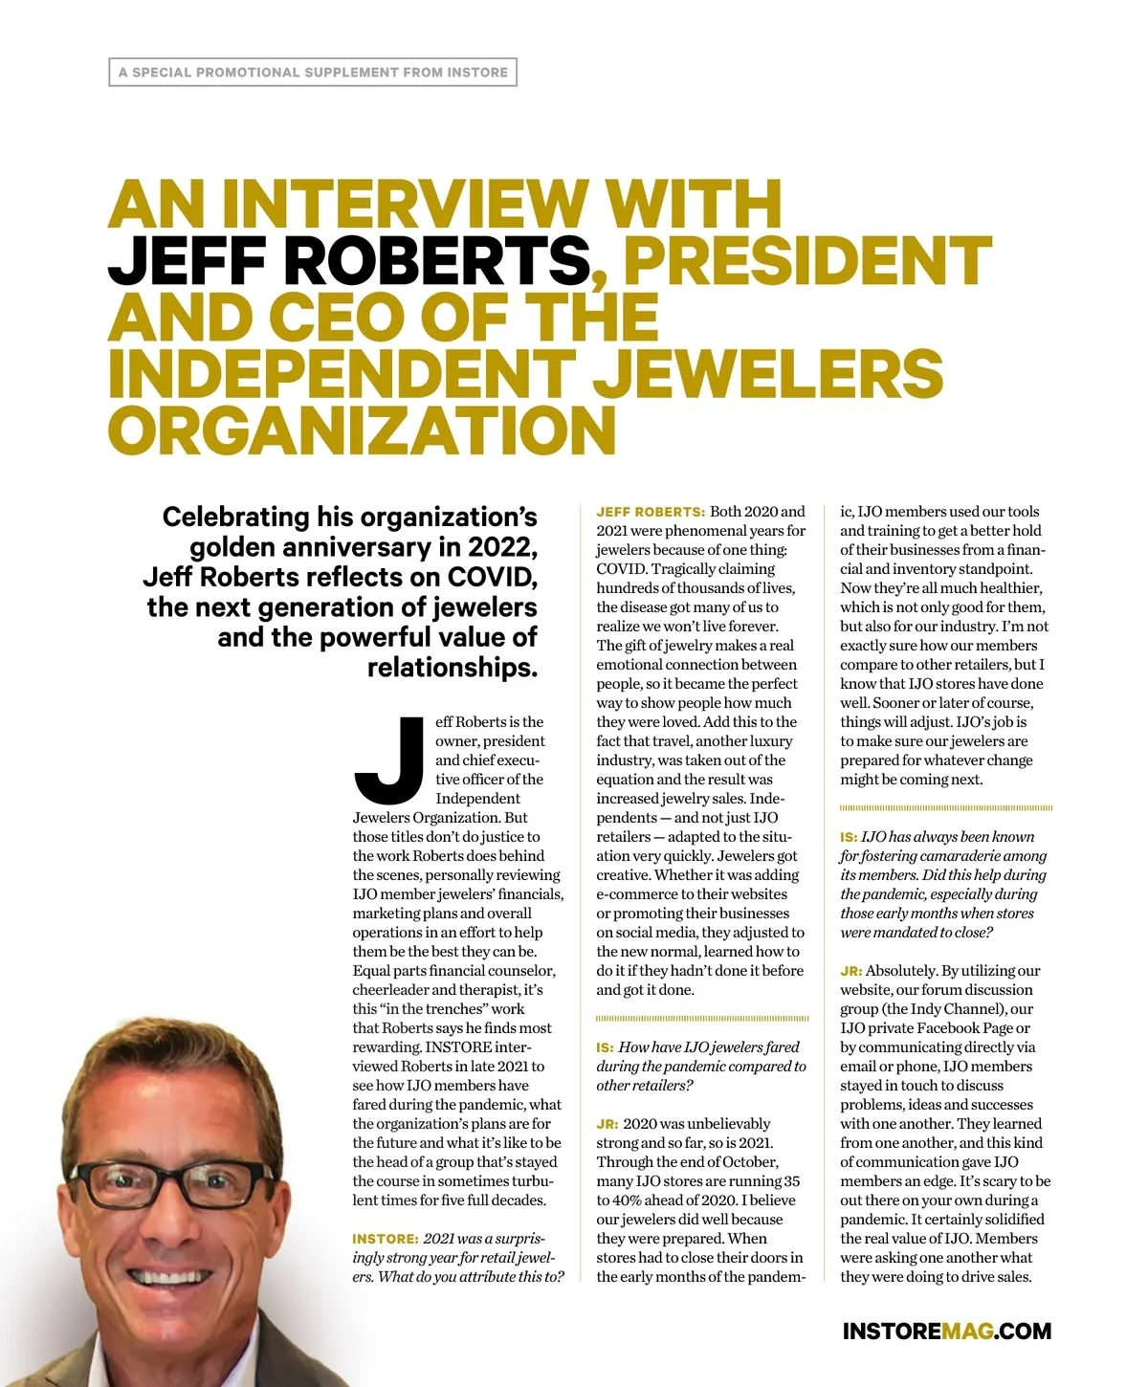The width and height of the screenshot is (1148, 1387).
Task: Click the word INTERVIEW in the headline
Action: [x=407, y=204]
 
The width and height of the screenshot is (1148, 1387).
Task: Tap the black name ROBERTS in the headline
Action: [x=436, y=260]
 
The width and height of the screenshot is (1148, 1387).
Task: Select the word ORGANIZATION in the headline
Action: [x=362, y=429]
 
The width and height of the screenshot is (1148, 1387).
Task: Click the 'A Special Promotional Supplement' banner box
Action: [x=313, y=73]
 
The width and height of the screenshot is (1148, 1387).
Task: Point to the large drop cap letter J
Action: [x=390, y=760]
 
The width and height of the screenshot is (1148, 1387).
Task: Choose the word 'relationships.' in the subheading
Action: [x=453, y=667]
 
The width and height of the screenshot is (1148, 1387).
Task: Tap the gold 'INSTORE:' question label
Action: [x=385, y=1239]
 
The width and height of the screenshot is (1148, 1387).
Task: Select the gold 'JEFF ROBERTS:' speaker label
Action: [x=651, y=512]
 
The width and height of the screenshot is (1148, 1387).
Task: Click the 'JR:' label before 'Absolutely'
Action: [x=850, y=971]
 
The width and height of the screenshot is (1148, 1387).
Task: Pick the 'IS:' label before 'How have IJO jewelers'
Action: [x=605, y=1047]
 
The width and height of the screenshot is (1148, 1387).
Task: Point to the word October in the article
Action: [x=747, y=1162]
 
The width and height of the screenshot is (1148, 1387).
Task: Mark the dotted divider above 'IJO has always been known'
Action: [x=945, y=808]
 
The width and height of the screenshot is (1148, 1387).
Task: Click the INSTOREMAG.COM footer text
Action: [x=946, y=1331]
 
